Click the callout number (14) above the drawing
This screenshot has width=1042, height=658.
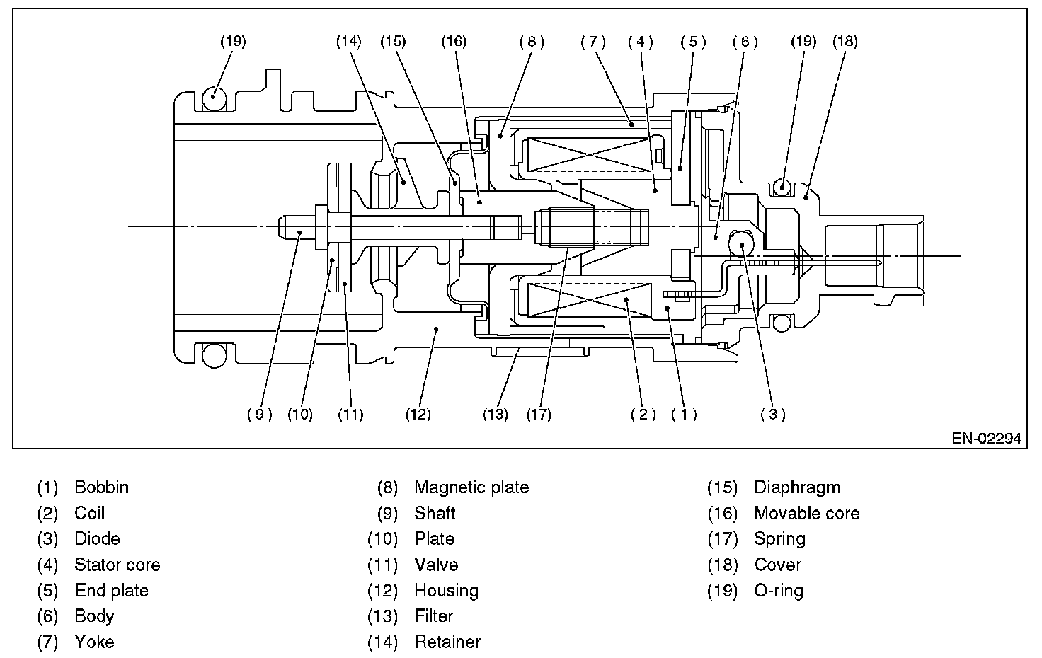348,42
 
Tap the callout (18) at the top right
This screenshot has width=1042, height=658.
845,42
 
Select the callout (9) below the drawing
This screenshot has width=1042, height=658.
259,415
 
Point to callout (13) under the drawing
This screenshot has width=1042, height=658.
496,415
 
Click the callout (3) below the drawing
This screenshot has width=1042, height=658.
773,415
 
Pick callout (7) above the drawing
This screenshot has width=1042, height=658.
593,42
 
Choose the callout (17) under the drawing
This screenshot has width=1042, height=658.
539,415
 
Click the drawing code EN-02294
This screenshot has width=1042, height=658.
986,439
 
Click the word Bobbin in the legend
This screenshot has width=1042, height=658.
101,487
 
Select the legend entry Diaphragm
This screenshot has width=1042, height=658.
797,487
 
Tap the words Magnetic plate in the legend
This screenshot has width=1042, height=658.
471,487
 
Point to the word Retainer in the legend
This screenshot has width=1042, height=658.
447,642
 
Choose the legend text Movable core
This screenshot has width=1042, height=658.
806,513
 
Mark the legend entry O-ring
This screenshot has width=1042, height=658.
779,591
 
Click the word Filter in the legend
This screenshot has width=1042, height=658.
433,616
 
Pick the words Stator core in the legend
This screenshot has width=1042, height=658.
117,565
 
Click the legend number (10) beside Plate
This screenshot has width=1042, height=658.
383,539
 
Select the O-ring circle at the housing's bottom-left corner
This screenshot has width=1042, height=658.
212,354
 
